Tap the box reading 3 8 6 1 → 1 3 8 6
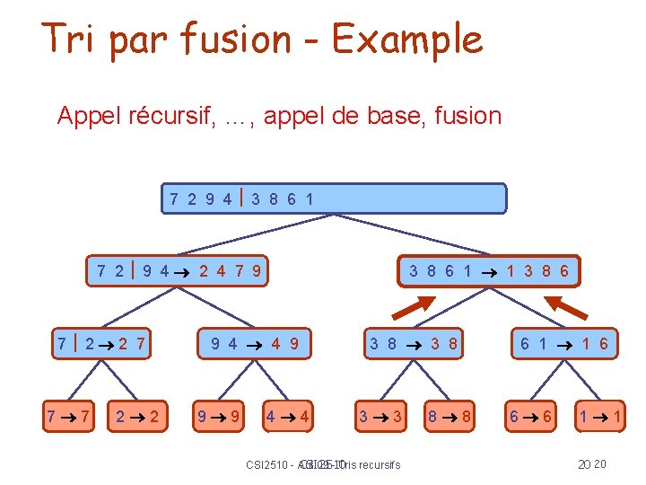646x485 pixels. click(x=489, y=270)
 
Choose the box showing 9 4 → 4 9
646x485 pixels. click(x=254, y=342)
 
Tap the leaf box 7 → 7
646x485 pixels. click(x=69, y=416)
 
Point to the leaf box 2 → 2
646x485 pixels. click(x=138, y=416)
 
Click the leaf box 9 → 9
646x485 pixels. click(x=220, y=416)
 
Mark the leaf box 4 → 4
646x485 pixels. click(x=288, y=416)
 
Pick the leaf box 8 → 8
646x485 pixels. click(x=449, y=416)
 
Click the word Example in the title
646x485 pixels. click(x=406, y=40)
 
